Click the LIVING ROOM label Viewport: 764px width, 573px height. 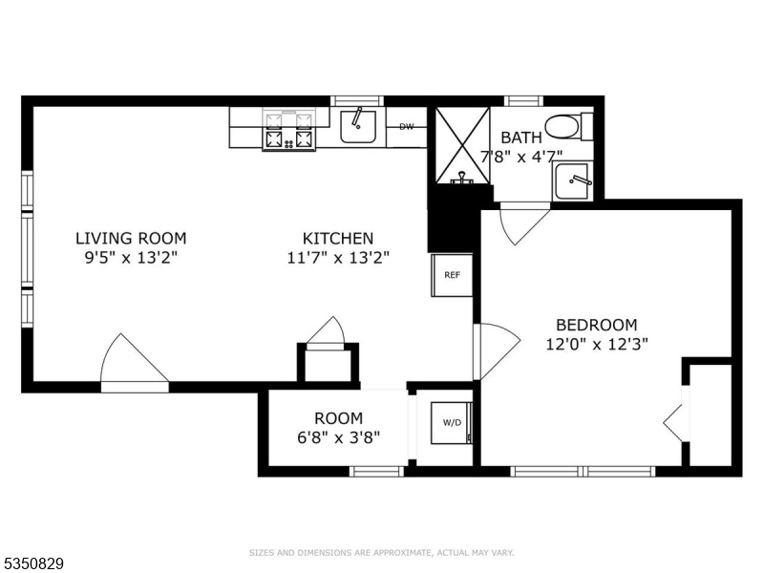point(131,238)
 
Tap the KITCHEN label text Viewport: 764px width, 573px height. point(338,238)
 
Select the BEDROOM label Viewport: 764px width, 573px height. point(596,325)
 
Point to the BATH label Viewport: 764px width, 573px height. point(520,138)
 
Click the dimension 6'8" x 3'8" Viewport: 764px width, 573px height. point(338,437)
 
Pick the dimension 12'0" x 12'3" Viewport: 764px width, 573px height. point(596,344)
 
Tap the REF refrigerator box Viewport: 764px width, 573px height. point(452,275)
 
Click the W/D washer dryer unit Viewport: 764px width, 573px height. point(451,422)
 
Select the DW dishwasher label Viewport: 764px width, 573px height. point(407,127)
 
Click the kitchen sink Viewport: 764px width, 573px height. point(358,127)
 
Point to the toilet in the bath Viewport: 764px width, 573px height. point(568,127)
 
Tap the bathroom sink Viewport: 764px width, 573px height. point(572,181)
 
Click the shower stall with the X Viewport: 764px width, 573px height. point(462,145)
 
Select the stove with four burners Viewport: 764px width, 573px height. point(289,130)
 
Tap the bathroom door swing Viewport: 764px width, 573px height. point(524,224)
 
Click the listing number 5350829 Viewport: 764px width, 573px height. point(32,563)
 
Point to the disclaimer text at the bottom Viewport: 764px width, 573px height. point(381,553)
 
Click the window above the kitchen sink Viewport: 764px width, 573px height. point(357,101)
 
